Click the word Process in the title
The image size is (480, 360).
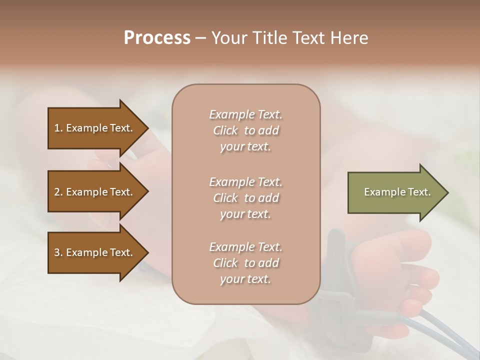[x=157, y=38]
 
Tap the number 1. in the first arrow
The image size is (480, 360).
[x=58, y=128]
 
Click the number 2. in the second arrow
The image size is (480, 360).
[x=58, y=192]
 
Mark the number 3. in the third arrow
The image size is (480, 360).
[x=58, y=252]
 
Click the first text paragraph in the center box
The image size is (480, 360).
[x=245, y=130]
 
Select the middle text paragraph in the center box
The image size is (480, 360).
[x=245, y=198]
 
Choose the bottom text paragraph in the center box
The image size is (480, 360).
[x=245, y=263]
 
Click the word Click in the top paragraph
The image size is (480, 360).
[x=225, y=130]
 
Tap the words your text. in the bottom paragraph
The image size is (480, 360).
[x=245, y=279]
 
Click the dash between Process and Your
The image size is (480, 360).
[x=200, y=38]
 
